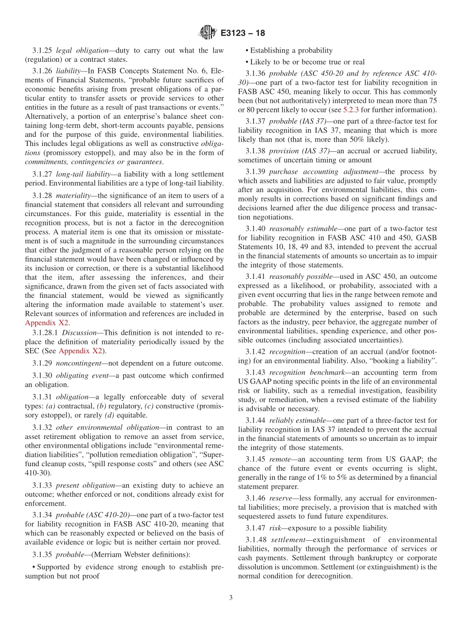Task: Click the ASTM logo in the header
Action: click(x=208, y=33)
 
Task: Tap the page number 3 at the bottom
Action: click(x=231, y=598)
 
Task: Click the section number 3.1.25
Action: click(x=42, y=50)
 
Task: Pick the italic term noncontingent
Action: click(x=80, y=363)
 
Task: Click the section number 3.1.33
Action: click(x=42, y=485)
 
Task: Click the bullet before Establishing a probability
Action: click(x=247, y=50)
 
